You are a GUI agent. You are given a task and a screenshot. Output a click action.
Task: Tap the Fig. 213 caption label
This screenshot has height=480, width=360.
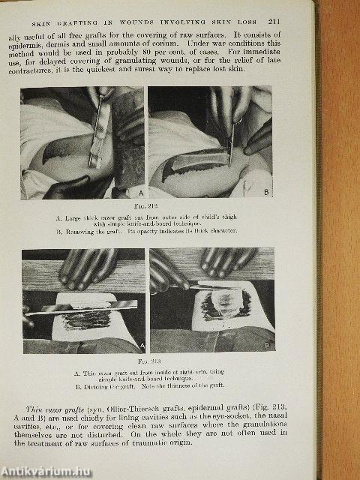[x=148, y=360]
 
